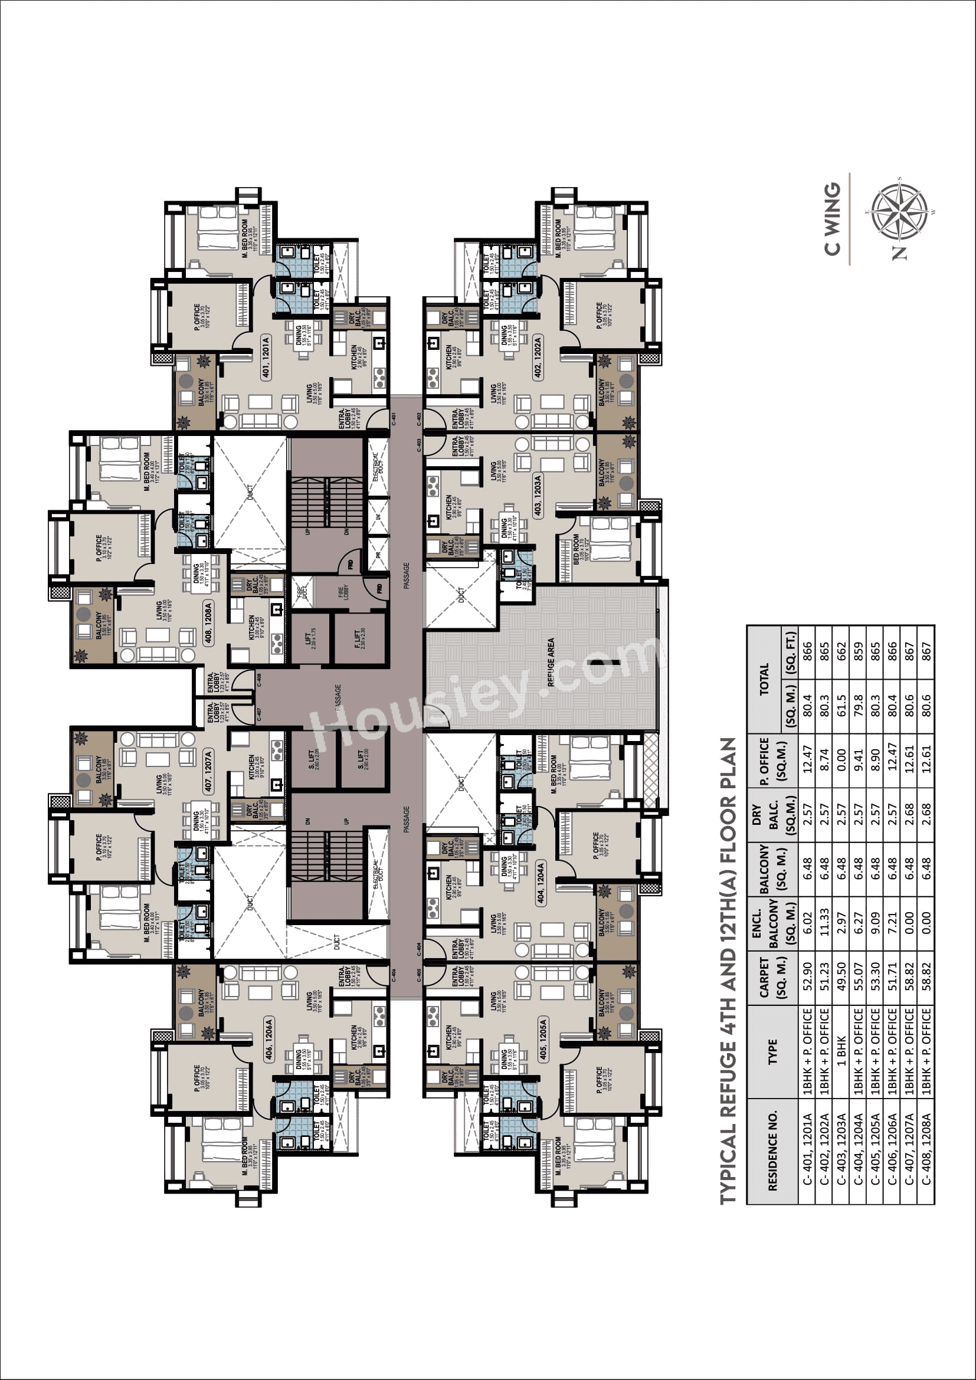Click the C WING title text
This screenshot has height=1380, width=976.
pyautogui.click(x=833, y=219)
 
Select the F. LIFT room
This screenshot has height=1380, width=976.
pyautogui.click(x=358, y=638)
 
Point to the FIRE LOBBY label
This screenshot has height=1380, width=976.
pyautogui.click(x=343, y=592)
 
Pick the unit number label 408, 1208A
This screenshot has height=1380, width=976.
pyautogui.click(x=208, y=621)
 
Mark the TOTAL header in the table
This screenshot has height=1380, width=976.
pyautogui.click(x=764, y=679)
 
